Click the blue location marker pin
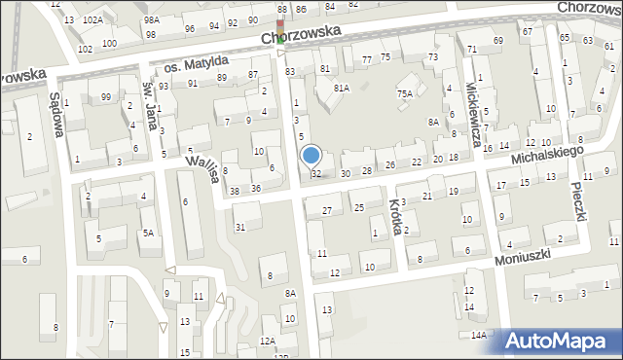[311, 155]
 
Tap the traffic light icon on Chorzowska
[280, 31]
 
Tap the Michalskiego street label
[547, 155]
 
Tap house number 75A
[404, 93]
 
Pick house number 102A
[92, 19]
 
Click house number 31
[240, 228]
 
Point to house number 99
[105, 96]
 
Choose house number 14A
[478, 335]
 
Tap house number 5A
[148, 233]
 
